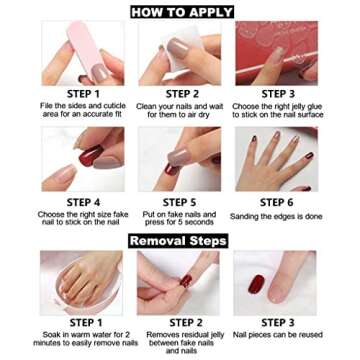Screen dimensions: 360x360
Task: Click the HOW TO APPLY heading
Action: [x=181, y=12]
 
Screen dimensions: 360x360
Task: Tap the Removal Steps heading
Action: [x=178, y=240]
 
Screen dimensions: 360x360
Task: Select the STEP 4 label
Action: [x=83, y=202]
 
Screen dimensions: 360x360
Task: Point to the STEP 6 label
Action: [x=276, y=202]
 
